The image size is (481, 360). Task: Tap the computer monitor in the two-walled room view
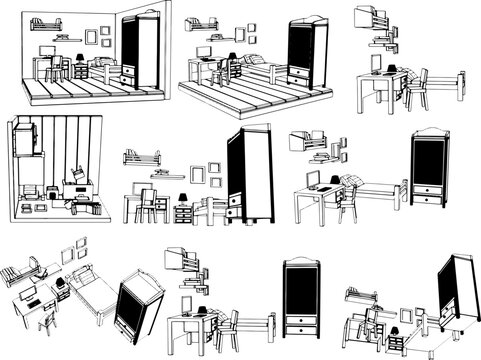click(x=48, y=49)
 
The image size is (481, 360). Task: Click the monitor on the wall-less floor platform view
click(x=204, y=51)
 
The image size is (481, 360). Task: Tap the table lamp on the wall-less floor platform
click(x=230, y=57)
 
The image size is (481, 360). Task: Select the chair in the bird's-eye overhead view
click(x=46, y=318)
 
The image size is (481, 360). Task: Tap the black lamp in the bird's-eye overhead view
click(x=62, y=283)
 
